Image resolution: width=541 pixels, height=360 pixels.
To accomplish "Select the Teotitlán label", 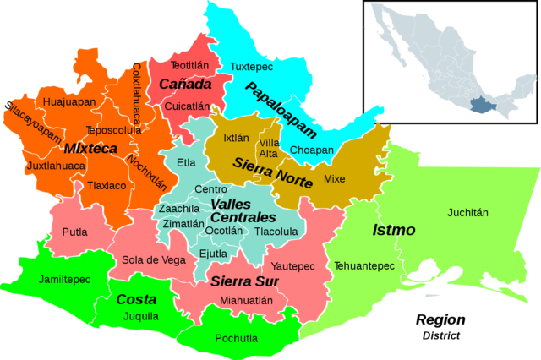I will (189, 65).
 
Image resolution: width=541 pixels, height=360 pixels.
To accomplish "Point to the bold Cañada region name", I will (184, 85).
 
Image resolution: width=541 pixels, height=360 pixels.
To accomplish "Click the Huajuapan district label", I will (68, 101).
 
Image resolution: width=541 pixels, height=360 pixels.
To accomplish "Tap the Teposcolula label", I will (113, 131).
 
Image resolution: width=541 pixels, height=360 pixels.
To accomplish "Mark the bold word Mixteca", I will (90, 149).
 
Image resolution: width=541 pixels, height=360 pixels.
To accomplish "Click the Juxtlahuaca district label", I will (56, 166).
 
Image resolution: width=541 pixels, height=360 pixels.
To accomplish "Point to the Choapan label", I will (311, 150).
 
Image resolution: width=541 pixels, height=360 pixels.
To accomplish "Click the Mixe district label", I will (335, 179).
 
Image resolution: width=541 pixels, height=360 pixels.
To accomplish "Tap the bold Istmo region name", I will (394, 230).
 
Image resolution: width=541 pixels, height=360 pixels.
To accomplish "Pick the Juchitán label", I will (467, 213).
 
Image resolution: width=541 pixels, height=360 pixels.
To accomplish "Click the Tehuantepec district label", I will (363, 266).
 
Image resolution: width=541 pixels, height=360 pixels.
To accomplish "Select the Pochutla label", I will (237, 339).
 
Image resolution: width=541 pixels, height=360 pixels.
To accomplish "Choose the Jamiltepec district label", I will (64, 278).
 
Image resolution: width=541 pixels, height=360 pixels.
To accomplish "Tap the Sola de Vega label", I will (154, 260).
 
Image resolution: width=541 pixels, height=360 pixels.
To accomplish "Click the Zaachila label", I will (179, 209).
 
